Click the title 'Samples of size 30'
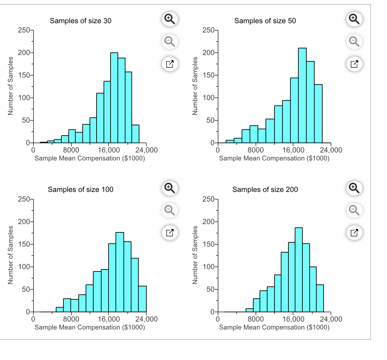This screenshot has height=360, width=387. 81,21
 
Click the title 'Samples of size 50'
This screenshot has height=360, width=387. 265,21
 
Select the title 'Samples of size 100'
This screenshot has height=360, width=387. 81,190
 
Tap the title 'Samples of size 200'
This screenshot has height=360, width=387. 265,190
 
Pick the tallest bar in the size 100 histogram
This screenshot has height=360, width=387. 120,272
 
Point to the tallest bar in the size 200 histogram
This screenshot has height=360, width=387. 298,270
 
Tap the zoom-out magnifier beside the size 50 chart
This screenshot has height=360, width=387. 354,41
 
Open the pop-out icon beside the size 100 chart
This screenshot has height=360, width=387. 170,232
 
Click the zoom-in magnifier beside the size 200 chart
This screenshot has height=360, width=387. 354,188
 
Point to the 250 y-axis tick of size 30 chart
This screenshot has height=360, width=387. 24,30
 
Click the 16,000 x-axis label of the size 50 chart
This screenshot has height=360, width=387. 293,150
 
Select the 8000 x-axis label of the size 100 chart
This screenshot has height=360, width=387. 71,319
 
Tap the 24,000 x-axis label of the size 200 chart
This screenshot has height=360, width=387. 331,319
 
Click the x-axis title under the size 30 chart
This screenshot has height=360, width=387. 90,158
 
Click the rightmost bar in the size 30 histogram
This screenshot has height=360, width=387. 135,134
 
